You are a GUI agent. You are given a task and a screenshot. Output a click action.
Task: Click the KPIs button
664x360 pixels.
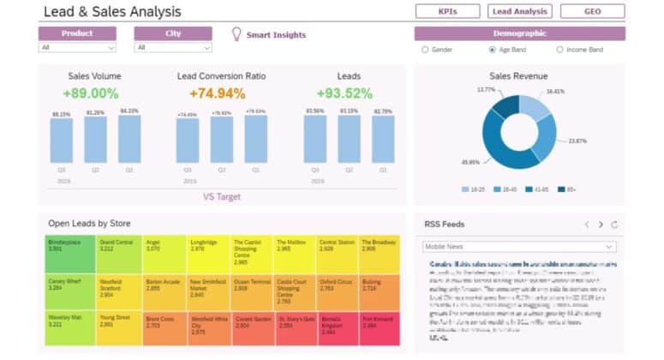[447, 11]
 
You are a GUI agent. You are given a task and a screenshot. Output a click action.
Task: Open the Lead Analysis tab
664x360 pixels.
[520, 11]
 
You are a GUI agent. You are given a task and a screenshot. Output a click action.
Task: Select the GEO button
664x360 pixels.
[593, 11]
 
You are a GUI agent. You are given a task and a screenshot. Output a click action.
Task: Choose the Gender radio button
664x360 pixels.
[425, 50]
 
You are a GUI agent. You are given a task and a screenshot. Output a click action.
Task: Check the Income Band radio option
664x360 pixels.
[560, 50]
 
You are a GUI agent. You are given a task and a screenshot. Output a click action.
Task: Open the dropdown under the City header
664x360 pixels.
[172, 48]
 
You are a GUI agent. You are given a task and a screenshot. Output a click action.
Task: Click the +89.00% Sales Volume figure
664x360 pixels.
[91, 93]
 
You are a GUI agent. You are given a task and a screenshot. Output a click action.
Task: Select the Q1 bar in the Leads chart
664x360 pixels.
[383, 139]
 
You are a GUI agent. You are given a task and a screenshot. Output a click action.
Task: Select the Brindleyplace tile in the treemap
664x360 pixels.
[70, 255]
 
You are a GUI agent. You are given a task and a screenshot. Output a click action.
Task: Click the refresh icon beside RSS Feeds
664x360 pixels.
[614, 225]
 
